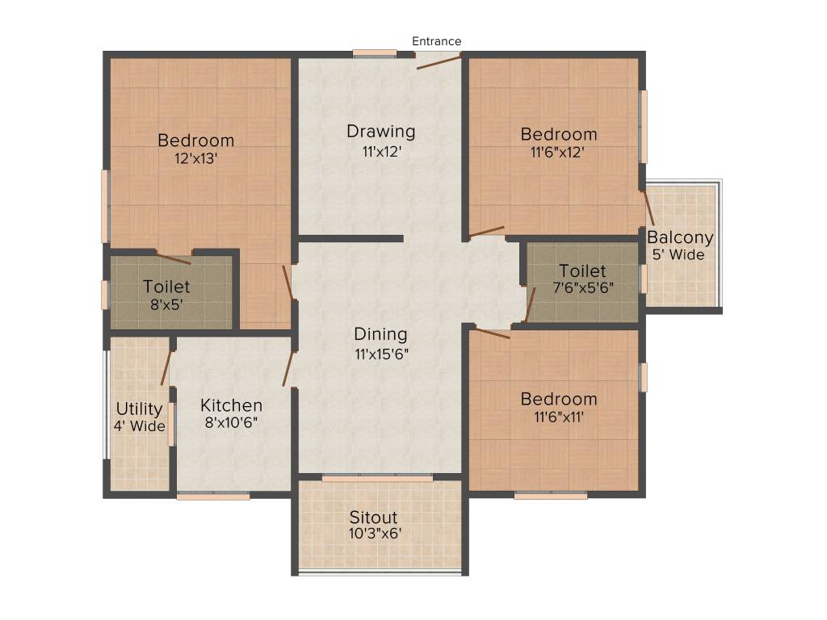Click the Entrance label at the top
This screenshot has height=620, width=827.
point(437,41)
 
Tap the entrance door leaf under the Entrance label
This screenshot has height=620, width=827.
point(439,61)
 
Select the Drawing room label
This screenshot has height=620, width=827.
point(380,131)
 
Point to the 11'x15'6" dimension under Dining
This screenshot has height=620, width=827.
point(380,353)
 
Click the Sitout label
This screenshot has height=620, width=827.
point(373,517)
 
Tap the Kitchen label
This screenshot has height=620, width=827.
point(231,405)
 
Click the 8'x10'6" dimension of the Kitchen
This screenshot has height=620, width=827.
point(231,421)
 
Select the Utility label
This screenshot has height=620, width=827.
point(139,408)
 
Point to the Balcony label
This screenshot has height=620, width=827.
point(680,237)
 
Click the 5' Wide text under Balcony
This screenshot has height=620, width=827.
point(678,254)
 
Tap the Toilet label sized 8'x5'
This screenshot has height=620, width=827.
point(166,287)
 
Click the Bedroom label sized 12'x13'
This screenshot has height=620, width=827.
point(195,140)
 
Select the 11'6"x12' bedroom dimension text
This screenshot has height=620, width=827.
point(558,151)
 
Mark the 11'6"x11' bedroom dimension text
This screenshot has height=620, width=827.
point(558,417)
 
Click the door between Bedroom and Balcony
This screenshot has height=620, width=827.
point(648,207)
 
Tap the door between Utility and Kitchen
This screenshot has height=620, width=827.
point(166,368)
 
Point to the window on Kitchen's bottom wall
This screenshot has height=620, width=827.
point(213,496)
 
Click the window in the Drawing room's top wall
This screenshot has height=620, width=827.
point(375,54)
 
